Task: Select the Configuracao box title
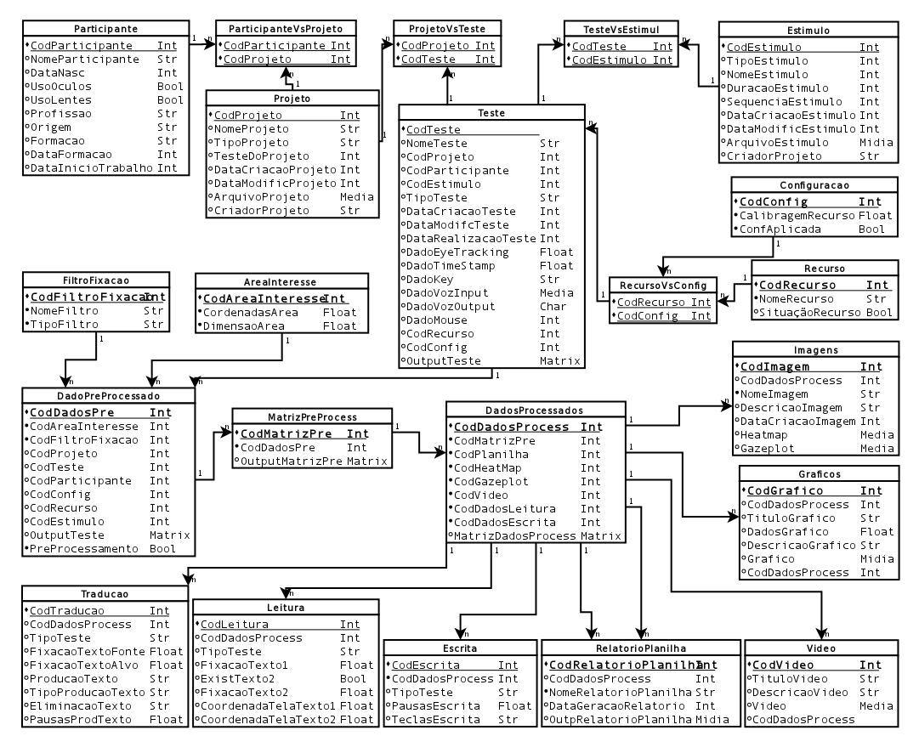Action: click(x=814, y=184)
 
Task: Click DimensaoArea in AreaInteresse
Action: click(x=242, y=326)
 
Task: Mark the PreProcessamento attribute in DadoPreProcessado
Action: click(x=82, y=548)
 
